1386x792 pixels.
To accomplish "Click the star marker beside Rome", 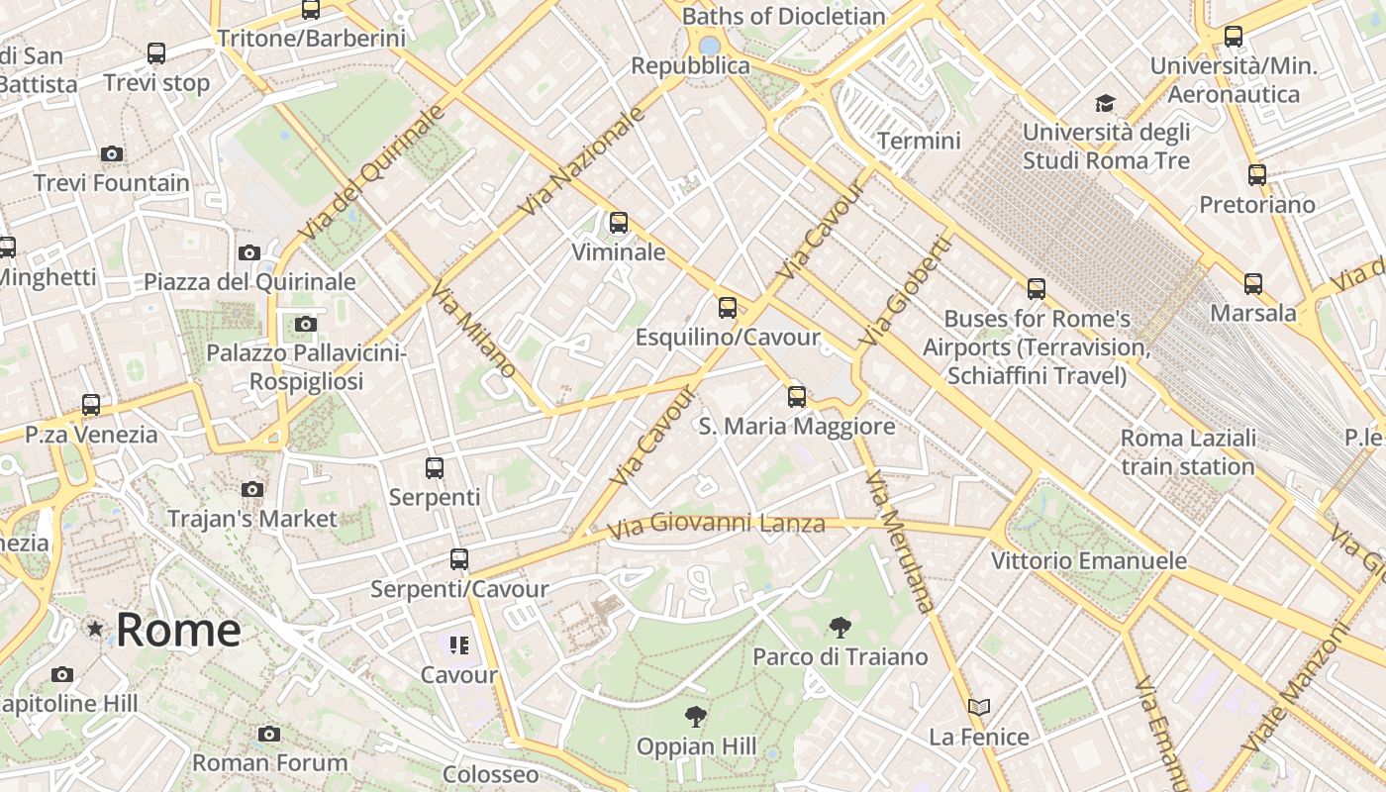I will click(95, 629).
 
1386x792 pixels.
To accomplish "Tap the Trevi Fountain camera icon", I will click(112, 153).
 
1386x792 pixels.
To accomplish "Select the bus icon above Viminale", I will click(619, 222).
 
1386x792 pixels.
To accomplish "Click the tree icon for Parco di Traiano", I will click(840, 627).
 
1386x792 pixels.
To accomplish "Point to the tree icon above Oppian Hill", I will click(696, 717).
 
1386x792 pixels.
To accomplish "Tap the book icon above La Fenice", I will click(978, 707).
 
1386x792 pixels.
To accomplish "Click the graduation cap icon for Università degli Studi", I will click(1105, 103).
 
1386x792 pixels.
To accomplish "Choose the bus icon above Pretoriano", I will click(1256, 175).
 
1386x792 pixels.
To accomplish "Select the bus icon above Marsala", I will click(1253, 284).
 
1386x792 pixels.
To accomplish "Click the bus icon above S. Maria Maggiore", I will click(797, 397).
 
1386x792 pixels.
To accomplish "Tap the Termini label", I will click(919, 141).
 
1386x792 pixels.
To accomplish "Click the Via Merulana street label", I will click(899, 542).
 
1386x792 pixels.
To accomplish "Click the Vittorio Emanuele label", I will click(1089, 561).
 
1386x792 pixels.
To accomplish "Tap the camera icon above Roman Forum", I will click(268, 734).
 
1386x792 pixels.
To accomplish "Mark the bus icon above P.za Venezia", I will click(91, 405).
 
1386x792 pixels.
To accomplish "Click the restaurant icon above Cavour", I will click(458, 645).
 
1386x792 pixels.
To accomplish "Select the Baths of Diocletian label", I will click(783, 16).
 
